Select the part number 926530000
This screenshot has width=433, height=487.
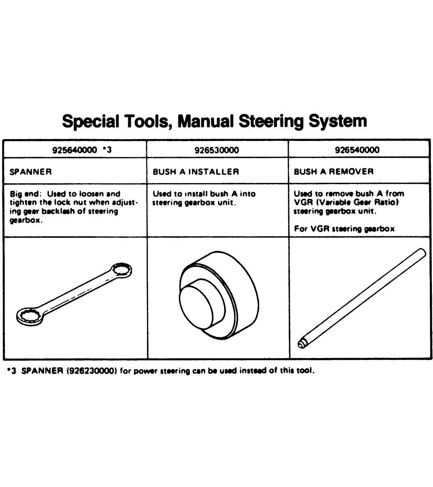pyautogui.click(x=216, y=150)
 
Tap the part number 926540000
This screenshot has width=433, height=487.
pyautogui.click(x=357, y=150)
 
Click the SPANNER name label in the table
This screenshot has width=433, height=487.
pyautogui.click(x=31, y=172)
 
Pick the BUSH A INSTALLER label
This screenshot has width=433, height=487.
pyautogui.click(x=195, y=172)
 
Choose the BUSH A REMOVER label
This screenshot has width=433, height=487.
pyautogui.click(x=334, y=172)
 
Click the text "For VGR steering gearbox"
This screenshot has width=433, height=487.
pyautogui.click(x=344, y=229)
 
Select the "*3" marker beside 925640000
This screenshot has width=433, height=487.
pyautogui.click(x=107, y=150)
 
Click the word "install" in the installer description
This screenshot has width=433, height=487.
pyautogui.click(x=195, y=194)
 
